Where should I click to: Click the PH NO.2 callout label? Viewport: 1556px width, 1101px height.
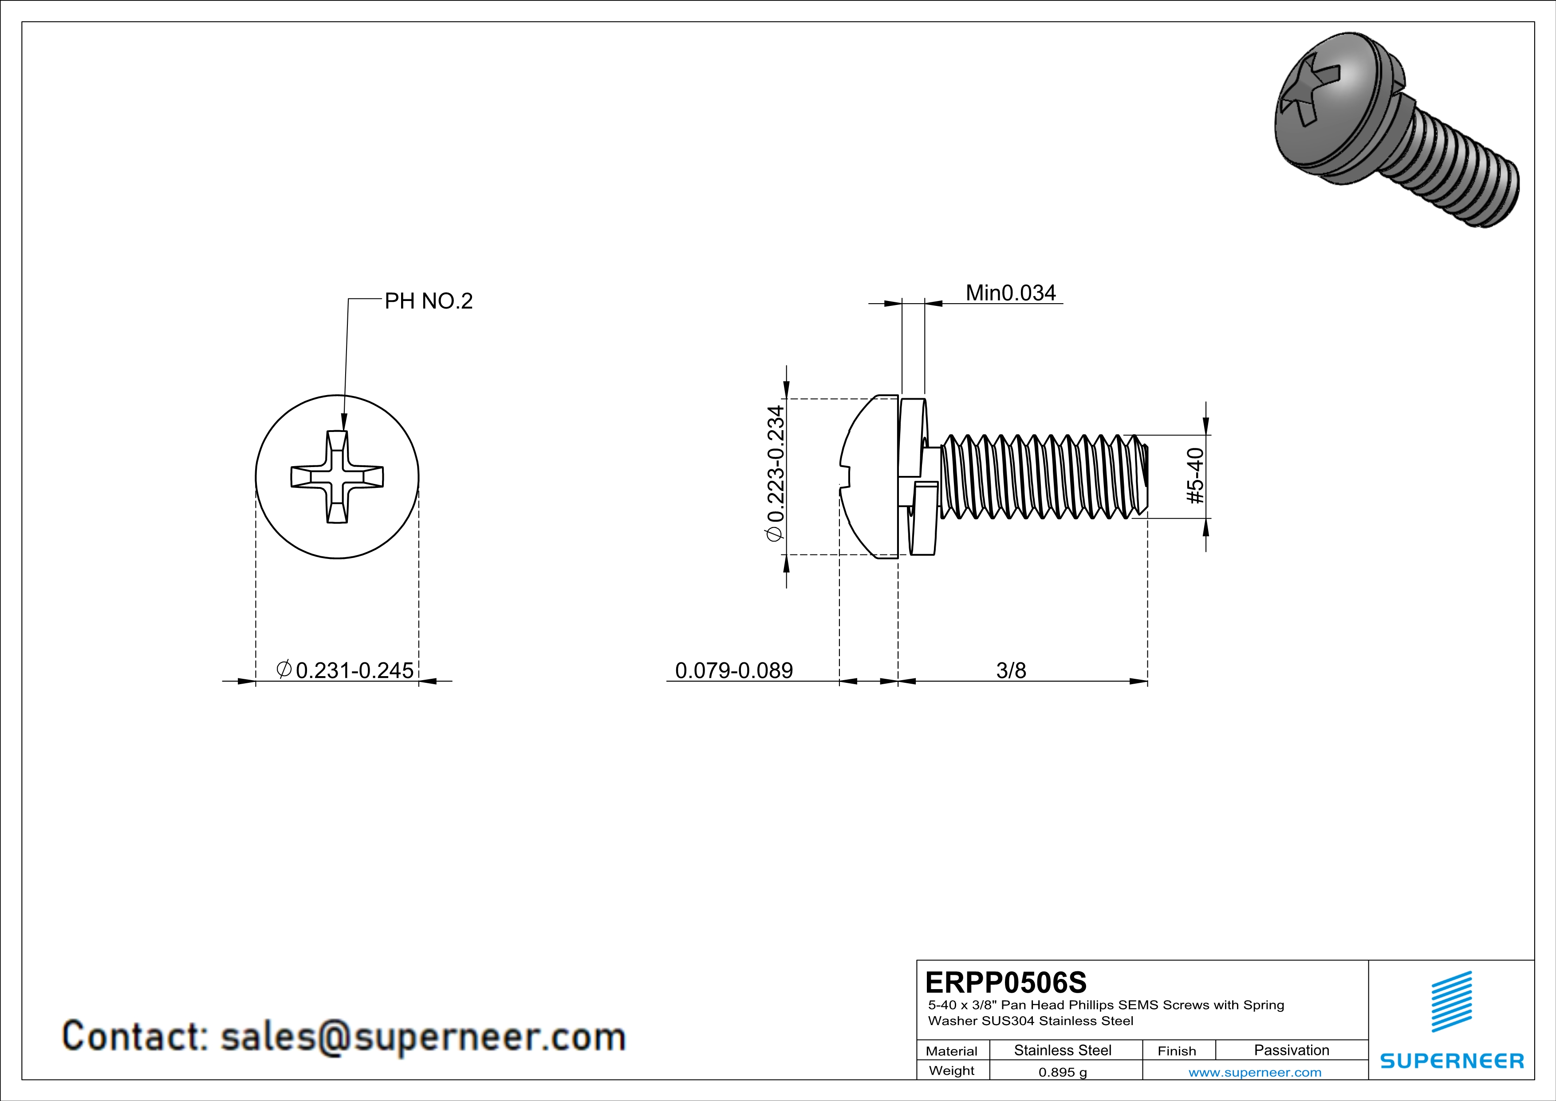[428, 301]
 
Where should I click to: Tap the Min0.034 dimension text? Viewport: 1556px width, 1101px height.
[1010, 293]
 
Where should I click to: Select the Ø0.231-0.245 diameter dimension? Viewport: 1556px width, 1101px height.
[346, 670]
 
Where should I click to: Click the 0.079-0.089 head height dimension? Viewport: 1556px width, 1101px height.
[734, 670]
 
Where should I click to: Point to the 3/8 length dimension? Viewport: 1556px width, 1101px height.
[1010, 670]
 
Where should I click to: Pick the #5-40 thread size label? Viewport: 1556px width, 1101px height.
[1196, 476]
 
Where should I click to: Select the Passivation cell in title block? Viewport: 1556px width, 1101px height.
[1291, 1050]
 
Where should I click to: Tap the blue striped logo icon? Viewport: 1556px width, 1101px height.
[1452, 1002]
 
